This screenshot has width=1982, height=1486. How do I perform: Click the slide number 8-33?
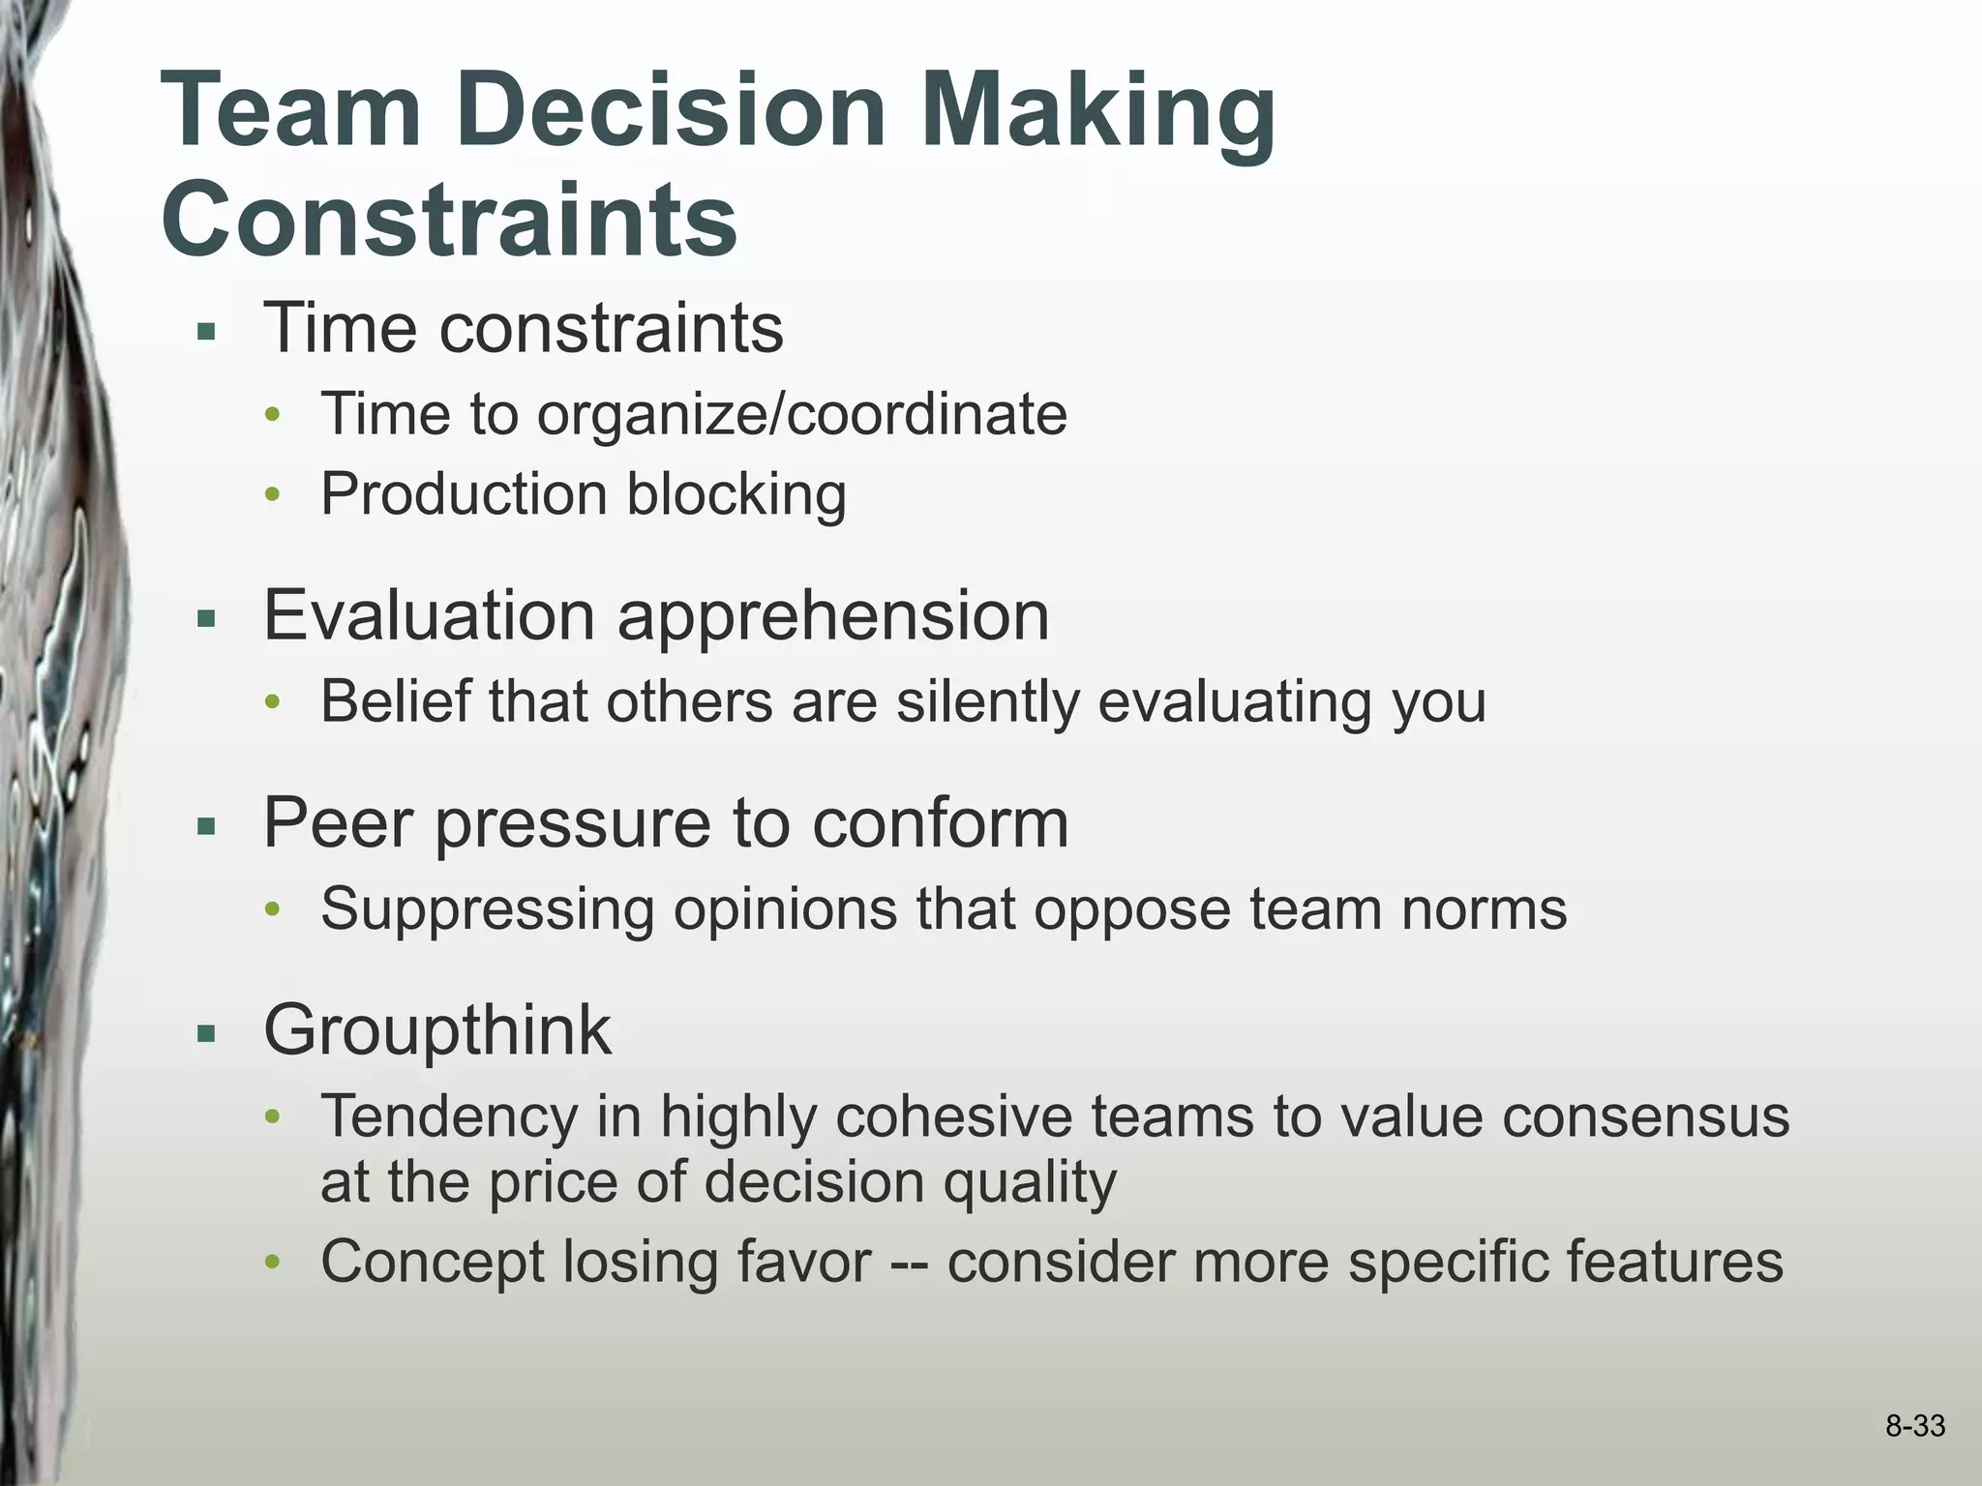click(x=1914, y=1426)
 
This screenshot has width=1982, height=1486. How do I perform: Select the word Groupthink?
click(x=437, y=1030)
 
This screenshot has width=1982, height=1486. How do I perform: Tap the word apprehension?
click(x=833, y=616)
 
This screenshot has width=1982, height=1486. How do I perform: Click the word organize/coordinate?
click(x=801, y=414)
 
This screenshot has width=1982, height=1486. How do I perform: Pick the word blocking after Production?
click(x=736, y=494)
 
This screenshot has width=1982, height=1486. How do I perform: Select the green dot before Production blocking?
click(x=273, y=496)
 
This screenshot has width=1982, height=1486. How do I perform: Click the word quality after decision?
click(x=1030, y=1182)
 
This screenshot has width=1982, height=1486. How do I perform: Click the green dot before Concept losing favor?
click(x=273, y=1263)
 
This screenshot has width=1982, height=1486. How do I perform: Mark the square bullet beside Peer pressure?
click(x=205, y=828)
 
